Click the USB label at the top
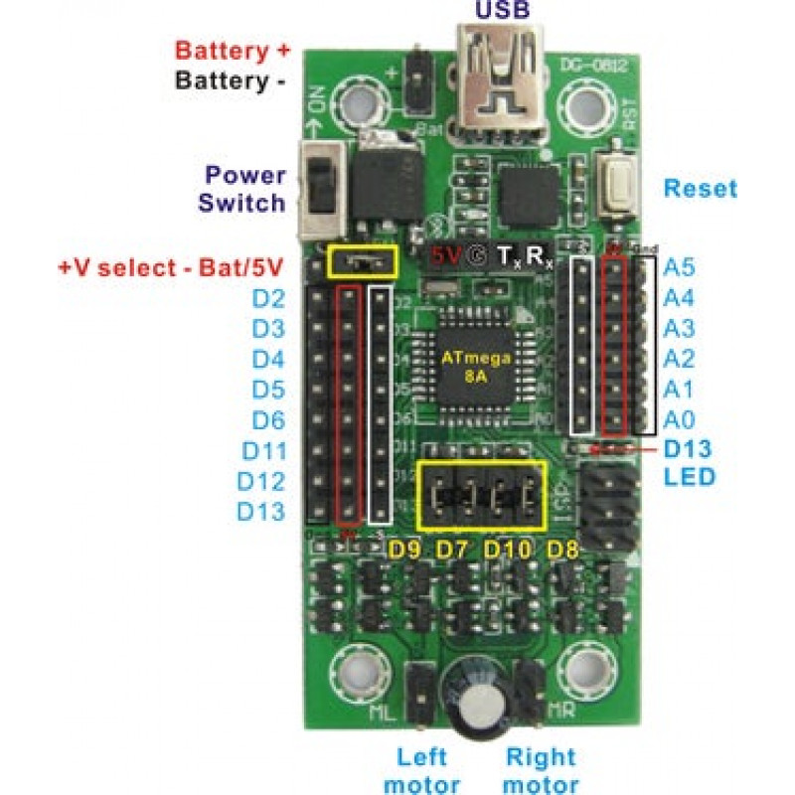click(x=503, y=11)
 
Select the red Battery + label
click(x=231, y=51)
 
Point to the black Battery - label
click(x=231, y=80)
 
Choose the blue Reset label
click(x=701, y=188)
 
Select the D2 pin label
click(x=269, y=298)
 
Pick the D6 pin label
click(x=269, y=419)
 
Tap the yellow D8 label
click(x=563, y=549)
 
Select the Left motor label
click(x=421, y=769)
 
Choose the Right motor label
click(x=541, y=769)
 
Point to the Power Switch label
click(x=243, y=189)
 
